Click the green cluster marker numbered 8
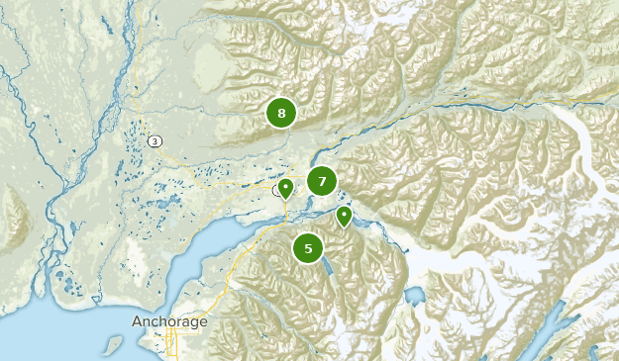281,114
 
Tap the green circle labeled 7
321,181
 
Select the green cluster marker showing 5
309,248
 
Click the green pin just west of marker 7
285,188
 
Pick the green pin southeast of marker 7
344,216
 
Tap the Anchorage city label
169,322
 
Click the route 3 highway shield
155,141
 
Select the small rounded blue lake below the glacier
414,295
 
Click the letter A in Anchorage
137,322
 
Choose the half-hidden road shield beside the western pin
276,189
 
